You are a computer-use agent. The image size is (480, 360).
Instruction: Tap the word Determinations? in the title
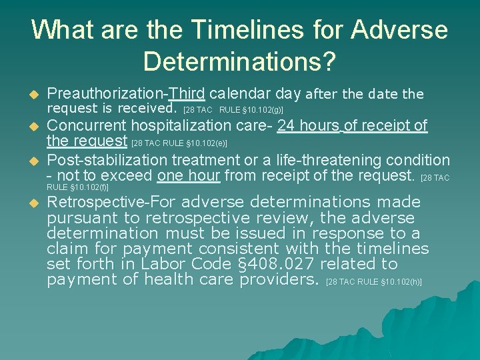pyautogui.click(x=239, y=62)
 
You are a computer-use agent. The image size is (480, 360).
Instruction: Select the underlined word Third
pyautogui.click(x=187, y=93)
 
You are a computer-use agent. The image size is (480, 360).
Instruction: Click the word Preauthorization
pyautogui.click(x=107, y=93)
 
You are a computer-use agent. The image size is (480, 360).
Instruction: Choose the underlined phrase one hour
pyautogui.click(x=189, y=176)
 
